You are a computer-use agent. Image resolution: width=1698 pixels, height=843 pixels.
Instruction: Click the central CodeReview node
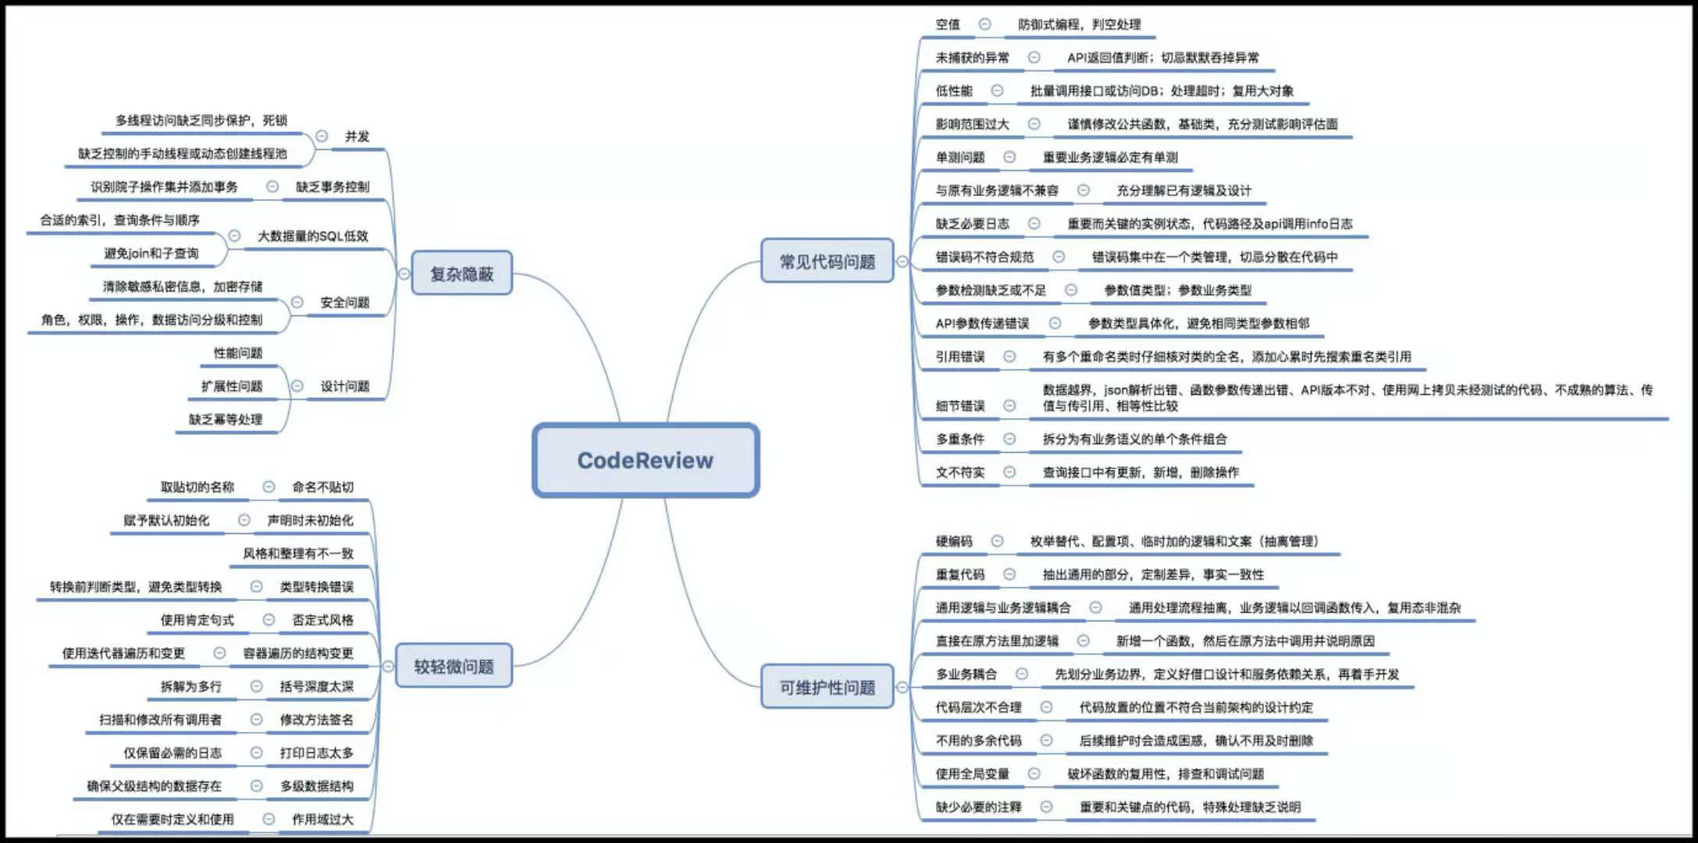tap(645, 461)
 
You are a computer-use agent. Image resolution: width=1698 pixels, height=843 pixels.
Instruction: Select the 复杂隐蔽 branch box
tap(461, 273)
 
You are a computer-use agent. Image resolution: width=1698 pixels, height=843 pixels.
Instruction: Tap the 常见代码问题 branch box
tap(827, 261)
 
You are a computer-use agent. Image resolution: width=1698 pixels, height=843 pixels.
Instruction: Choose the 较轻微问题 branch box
tap(454, 666)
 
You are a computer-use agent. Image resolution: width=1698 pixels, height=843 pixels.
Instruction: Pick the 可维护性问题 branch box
tap(827, 687)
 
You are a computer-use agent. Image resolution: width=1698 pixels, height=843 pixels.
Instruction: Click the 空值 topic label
tap(948, 24)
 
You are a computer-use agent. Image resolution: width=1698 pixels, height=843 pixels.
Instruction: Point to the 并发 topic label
tap(357, 136)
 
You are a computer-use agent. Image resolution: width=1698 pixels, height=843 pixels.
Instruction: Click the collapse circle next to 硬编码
tap(997, 541)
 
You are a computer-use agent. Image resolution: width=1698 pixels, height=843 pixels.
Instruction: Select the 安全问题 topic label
tap(344, 302)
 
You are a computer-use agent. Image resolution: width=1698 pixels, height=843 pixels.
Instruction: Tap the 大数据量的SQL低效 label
tap(312, 236)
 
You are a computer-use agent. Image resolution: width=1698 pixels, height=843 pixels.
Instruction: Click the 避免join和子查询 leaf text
tap(151, 253)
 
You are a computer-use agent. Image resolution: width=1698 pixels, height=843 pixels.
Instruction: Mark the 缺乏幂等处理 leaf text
tap(225, 419)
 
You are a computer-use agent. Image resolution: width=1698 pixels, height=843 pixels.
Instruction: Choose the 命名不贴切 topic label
tap(322, 487)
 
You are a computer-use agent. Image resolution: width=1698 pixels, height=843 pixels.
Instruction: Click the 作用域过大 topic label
tap(322, 819)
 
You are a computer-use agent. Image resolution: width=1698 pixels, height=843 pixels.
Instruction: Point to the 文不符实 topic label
tap(960, 472)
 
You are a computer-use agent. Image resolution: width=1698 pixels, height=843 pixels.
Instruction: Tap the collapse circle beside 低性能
tap(997, 91)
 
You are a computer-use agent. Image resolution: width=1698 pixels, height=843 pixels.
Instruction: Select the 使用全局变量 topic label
tap(972, 774)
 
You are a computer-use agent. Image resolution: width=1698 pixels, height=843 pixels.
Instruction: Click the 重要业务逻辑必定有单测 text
tap(1109, 157)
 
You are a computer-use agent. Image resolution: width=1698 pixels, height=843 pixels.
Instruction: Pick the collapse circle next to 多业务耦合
tap(1022, 674)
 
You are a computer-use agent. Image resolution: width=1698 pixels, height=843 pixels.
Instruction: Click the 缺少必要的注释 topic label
tap(978, 807)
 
